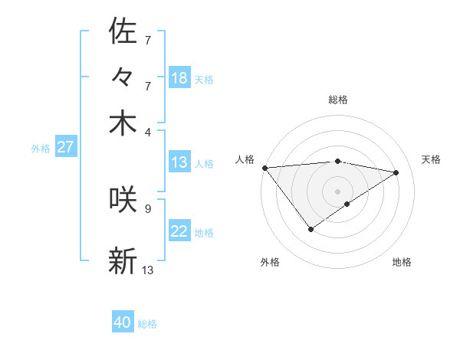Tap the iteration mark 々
coord(123,78)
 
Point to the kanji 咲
coord(123,199)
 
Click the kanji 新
coord(123,260)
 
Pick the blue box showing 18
coord(179,78)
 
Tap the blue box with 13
coord(179,162)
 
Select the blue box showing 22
coord(179,231)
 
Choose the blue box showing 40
coord(123,322)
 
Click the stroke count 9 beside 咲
coord(148,208)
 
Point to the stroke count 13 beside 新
coord(148,270)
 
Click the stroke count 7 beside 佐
coord(148,38)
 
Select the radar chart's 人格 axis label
coord(245,159)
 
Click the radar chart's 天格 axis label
coord(431,159)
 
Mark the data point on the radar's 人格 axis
coord(264,167)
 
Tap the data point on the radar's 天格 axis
coord(396,172)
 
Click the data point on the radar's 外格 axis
coord(310,229)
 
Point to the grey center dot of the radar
coord(337,191)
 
